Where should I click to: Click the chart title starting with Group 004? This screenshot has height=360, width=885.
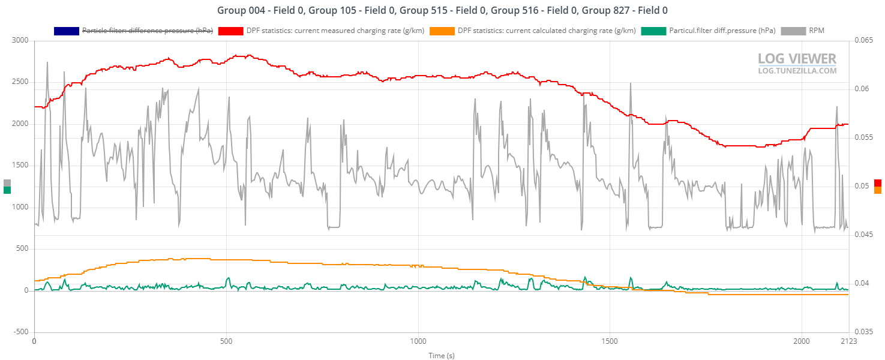coord(442,10)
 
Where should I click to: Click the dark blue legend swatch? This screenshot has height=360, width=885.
coord(66,31)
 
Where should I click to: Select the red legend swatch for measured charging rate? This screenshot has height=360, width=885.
coord(230,31)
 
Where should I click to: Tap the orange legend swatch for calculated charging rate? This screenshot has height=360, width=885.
coord(442,31)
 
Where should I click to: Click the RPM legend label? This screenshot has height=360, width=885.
coord(816,31)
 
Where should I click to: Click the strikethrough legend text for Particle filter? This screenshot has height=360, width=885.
coord(147,31)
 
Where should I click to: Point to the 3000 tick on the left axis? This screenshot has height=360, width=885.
coord(20,41)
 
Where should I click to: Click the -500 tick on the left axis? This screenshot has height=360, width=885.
coord(21,332)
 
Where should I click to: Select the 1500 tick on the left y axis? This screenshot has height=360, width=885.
coord(20,166)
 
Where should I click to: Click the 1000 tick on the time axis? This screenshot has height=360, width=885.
coord(418,340)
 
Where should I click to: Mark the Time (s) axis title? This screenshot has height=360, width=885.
coord(442,355)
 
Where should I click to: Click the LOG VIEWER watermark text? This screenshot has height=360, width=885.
coord(797,59)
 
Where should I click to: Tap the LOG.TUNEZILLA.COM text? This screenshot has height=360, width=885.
coord(797,71)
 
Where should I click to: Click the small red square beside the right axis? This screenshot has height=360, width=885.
coord(878,182)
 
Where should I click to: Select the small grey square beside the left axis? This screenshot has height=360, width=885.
coord(7,182)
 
